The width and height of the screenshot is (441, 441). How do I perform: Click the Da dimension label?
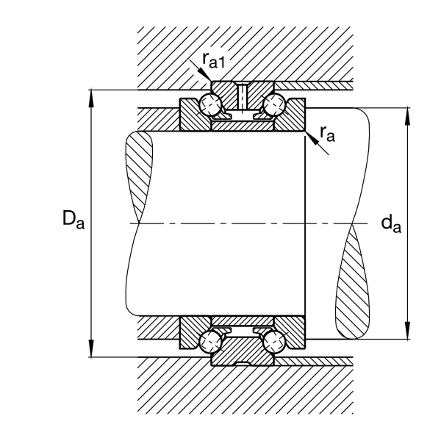point(73,220)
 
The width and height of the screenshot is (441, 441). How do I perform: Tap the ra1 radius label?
point(214,60)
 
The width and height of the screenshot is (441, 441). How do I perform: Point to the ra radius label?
point(327,134)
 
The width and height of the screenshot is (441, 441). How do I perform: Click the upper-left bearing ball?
point(210,104)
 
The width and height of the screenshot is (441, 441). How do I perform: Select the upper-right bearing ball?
point(274,104)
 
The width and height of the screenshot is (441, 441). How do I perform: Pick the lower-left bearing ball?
point(210,342)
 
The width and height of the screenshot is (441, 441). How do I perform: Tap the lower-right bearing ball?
point(274,342)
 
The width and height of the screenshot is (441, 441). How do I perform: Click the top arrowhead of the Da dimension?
point(91,98)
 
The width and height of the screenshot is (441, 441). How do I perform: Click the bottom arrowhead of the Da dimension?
point(91,348)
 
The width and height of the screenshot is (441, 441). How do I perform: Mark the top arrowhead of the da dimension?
point(407,116)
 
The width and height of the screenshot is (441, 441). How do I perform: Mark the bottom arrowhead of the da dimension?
point(407,331)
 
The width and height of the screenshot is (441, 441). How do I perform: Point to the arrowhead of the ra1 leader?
point(205,75)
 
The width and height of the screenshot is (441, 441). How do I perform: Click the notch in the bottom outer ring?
point(242,364)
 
